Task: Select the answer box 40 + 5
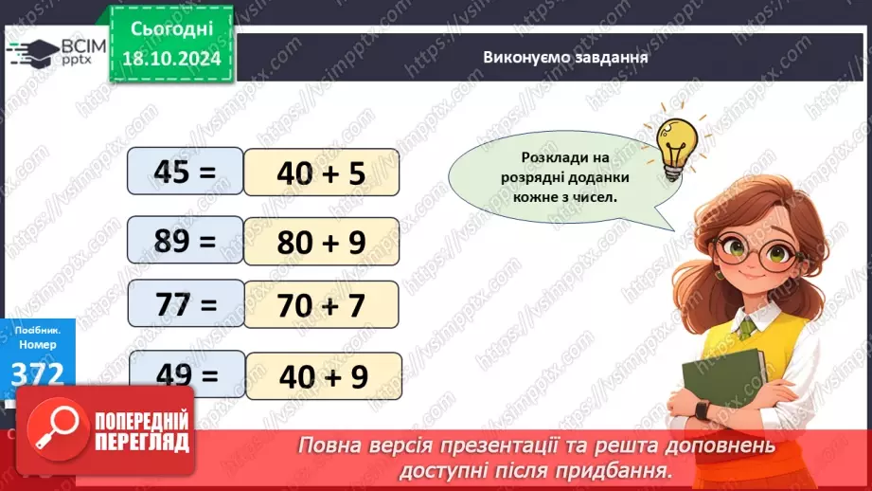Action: [x=321, y=173]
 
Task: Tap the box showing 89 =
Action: [x=186, y=241]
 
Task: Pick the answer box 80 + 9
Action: [x=321, y=242]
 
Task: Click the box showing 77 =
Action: [x=186, y=305]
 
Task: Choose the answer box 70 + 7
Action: [x=321, y=306]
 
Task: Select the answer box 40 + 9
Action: [x=323, y=375]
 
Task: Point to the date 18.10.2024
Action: [x=170, y=58]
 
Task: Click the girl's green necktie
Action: [x=747, y=327]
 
